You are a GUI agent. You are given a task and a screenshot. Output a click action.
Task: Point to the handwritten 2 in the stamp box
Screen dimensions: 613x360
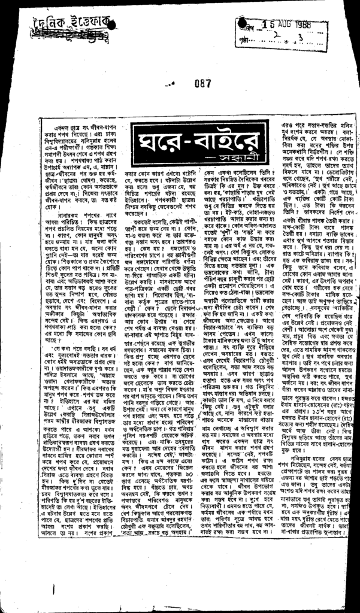tap(276, 35)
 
